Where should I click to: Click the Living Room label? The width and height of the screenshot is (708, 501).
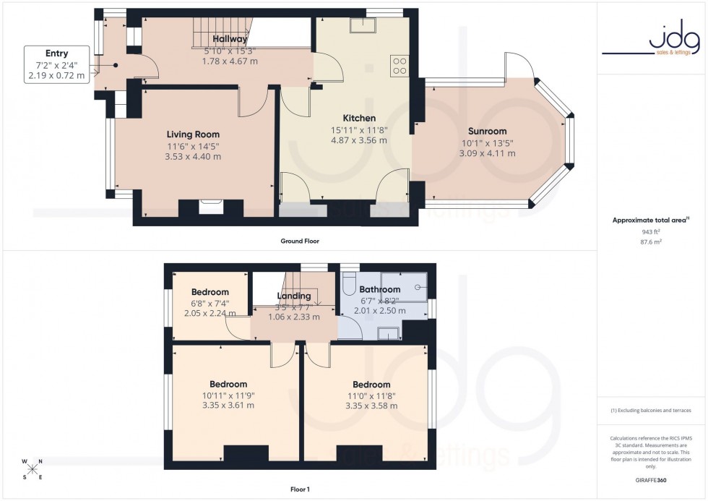(x=193, y=134)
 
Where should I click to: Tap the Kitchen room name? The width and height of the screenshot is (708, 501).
(x=359, y=119)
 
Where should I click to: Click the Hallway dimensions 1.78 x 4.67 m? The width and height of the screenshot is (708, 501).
(x=230, y=61)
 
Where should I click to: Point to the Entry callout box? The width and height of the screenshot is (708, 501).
(x=56, y=64)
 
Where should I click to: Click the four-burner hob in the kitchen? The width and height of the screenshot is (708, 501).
(x=400, y=66)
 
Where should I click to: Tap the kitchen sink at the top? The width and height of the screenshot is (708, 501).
(x=361, y=25)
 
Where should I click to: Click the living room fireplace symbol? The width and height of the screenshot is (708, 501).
(x=210, y=207)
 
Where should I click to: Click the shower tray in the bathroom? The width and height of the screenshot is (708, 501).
(x=404, y=286)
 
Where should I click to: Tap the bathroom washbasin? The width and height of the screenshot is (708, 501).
(x=389, y=333)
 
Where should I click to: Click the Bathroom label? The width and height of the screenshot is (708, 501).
(x=380, y=290)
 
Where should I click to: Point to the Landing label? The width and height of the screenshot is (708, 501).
(x=294, y=296)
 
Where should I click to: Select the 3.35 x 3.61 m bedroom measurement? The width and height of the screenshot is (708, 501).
(x=228, y=406)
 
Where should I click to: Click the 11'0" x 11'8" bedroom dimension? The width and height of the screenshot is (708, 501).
(x=371, y=395)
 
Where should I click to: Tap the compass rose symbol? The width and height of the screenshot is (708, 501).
(x=32, y=468)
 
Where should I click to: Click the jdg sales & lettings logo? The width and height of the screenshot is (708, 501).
(x=652, y=40)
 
